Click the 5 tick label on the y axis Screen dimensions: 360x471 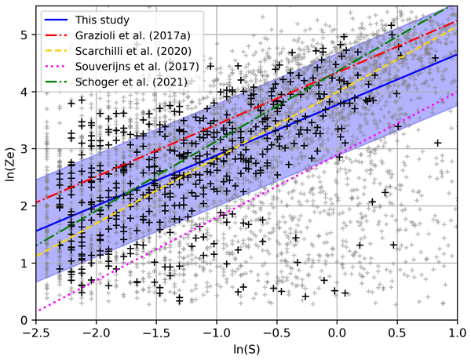coord(24,35)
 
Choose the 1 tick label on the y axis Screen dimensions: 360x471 coord(24,264)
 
